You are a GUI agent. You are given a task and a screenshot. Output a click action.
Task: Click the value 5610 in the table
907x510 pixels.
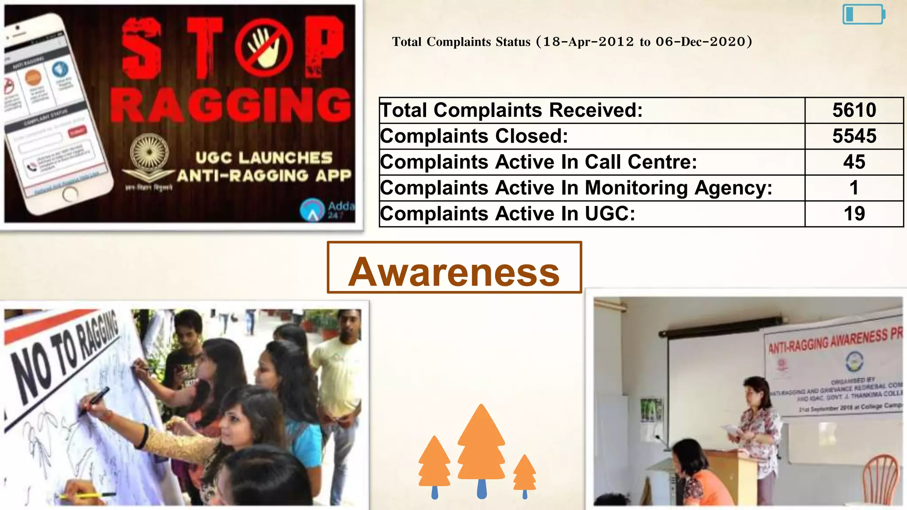854,110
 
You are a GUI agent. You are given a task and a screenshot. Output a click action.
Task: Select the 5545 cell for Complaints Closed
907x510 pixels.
854,136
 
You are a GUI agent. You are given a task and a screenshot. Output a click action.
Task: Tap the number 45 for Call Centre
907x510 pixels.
854,162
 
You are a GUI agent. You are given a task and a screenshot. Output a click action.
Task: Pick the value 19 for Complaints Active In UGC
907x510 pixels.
854,214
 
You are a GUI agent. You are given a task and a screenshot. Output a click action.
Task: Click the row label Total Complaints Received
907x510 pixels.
511,110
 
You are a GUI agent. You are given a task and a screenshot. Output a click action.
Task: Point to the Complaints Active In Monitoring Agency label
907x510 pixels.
576,188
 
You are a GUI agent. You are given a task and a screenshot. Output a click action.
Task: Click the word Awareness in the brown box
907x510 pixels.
454,272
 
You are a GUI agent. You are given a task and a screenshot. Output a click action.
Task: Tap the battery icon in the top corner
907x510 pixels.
863,14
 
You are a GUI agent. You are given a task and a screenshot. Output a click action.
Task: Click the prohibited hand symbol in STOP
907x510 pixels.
264,48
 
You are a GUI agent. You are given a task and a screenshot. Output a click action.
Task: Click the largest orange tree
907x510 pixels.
481,447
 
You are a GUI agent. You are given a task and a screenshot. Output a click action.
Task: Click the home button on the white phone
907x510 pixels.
70,193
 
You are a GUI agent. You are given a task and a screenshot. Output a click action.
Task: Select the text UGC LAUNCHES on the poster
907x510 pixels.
264,158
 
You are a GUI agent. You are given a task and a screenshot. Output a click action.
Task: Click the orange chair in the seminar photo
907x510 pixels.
881,480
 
